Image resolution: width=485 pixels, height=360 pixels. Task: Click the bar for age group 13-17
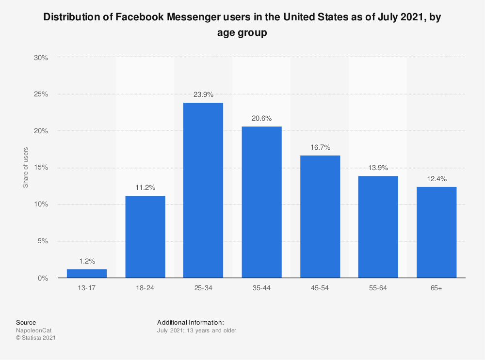[x=87, y=273]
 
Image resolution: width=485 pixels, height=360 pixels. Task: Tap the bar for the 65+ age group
[x=436, y=232]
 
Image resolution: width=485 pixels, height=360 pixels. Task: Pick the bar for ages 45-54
[x=320, y=217]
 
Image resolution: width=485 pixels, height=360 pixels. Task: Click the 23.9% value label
[x=203, y=94]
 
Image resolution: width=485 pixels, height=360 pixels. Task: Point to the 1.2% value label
[x=87, y=261]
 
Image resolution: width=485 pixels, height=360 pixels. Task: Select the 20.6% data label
[x=262, y=118]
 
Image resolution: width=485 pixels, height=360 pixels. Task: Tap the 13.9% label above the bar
[x=378, y=168]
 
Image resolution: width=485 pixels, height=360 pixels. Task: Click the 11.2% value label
[x=145, y=188]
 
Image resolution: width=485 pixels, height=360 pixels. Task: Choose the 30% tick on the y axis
[x=41, y=57]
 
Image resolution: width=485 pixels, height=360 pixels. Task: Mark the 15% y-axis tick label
[x=41, y=168]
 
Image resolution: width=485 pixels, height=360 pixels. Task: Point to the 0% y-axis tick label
[x=43, y=278]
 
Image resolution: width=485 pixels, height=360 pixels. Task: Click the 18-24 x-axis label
[x=145, y=288]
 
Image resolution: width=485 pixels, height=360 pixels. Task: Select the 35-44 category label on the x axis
[x=262, y=288]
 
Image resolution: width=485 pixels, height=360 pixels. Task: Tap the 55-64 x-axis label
[x=378, y=288]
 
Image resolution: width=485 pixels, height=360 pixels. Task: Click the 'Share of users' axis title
[x=26, y=168]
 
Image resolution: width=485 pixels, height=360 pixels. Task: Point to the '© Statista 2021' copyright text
[x=36, y=338]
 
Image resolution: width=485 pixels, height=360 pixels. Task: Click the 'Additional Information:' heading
[x=190, y=322]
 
